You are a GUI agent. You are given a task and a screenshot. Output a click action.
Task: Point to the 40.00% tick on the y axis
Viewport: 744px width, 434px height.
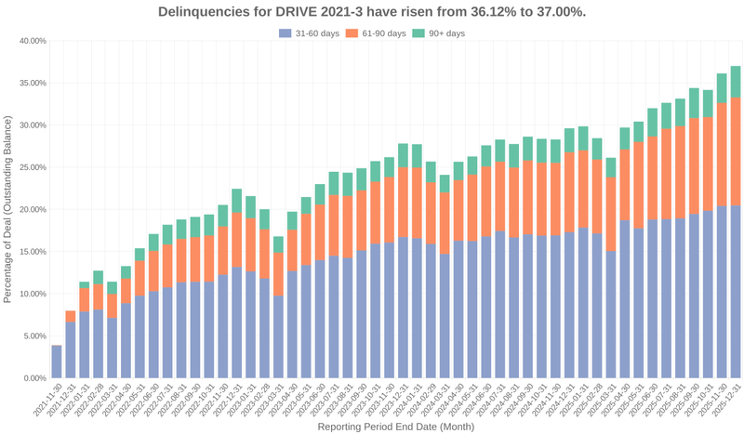(x=33, y=41)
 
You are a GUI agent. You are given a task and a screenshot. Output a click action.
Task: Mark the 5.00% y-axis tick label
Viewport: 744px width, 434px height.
(x=35, y=336)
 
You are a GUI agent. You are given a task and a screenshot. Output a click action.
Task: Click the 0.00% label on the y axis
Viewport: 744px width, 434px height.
(x=35, y=378)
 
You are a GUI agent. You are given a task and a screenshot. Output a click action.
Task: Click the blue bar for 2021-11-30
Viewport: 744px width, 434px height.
(x=57, y=362)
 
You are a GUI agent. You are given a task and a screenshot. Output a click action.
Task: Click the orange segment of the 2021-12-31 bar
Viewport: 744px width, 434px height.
(x=71, y=316)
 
